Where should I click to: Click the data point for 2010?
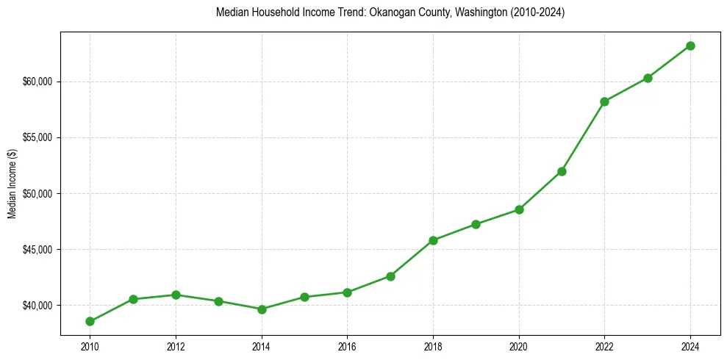pos(90,321)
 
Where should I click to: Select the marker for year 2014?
pos(262,309)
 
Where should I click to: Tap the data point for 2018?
pos(433,240)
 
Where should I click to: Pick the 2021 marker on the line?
pos(562,171)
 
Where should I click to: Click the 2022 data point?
pos(604,101)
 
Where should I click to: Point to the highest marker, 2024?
pos(690,46)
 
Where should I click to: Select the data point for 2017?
pos(390,276)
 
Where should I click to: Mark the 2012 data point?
pos(176,295)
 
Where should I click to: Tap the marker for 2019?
pos(476,224)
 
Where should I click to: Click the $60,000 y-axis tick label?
pos(38,82)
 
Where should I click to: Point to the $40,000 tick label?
pos(38,306)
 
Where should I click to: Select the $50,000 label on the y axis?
pos(38,194)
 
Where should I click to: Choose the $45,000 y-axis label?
pos(38,250)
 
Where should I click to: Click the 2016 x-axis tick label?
pos(347,347)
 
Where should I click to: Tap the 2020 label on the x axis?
pos(519,347)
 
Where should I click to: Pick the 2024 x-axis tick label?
pos(690,347)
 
